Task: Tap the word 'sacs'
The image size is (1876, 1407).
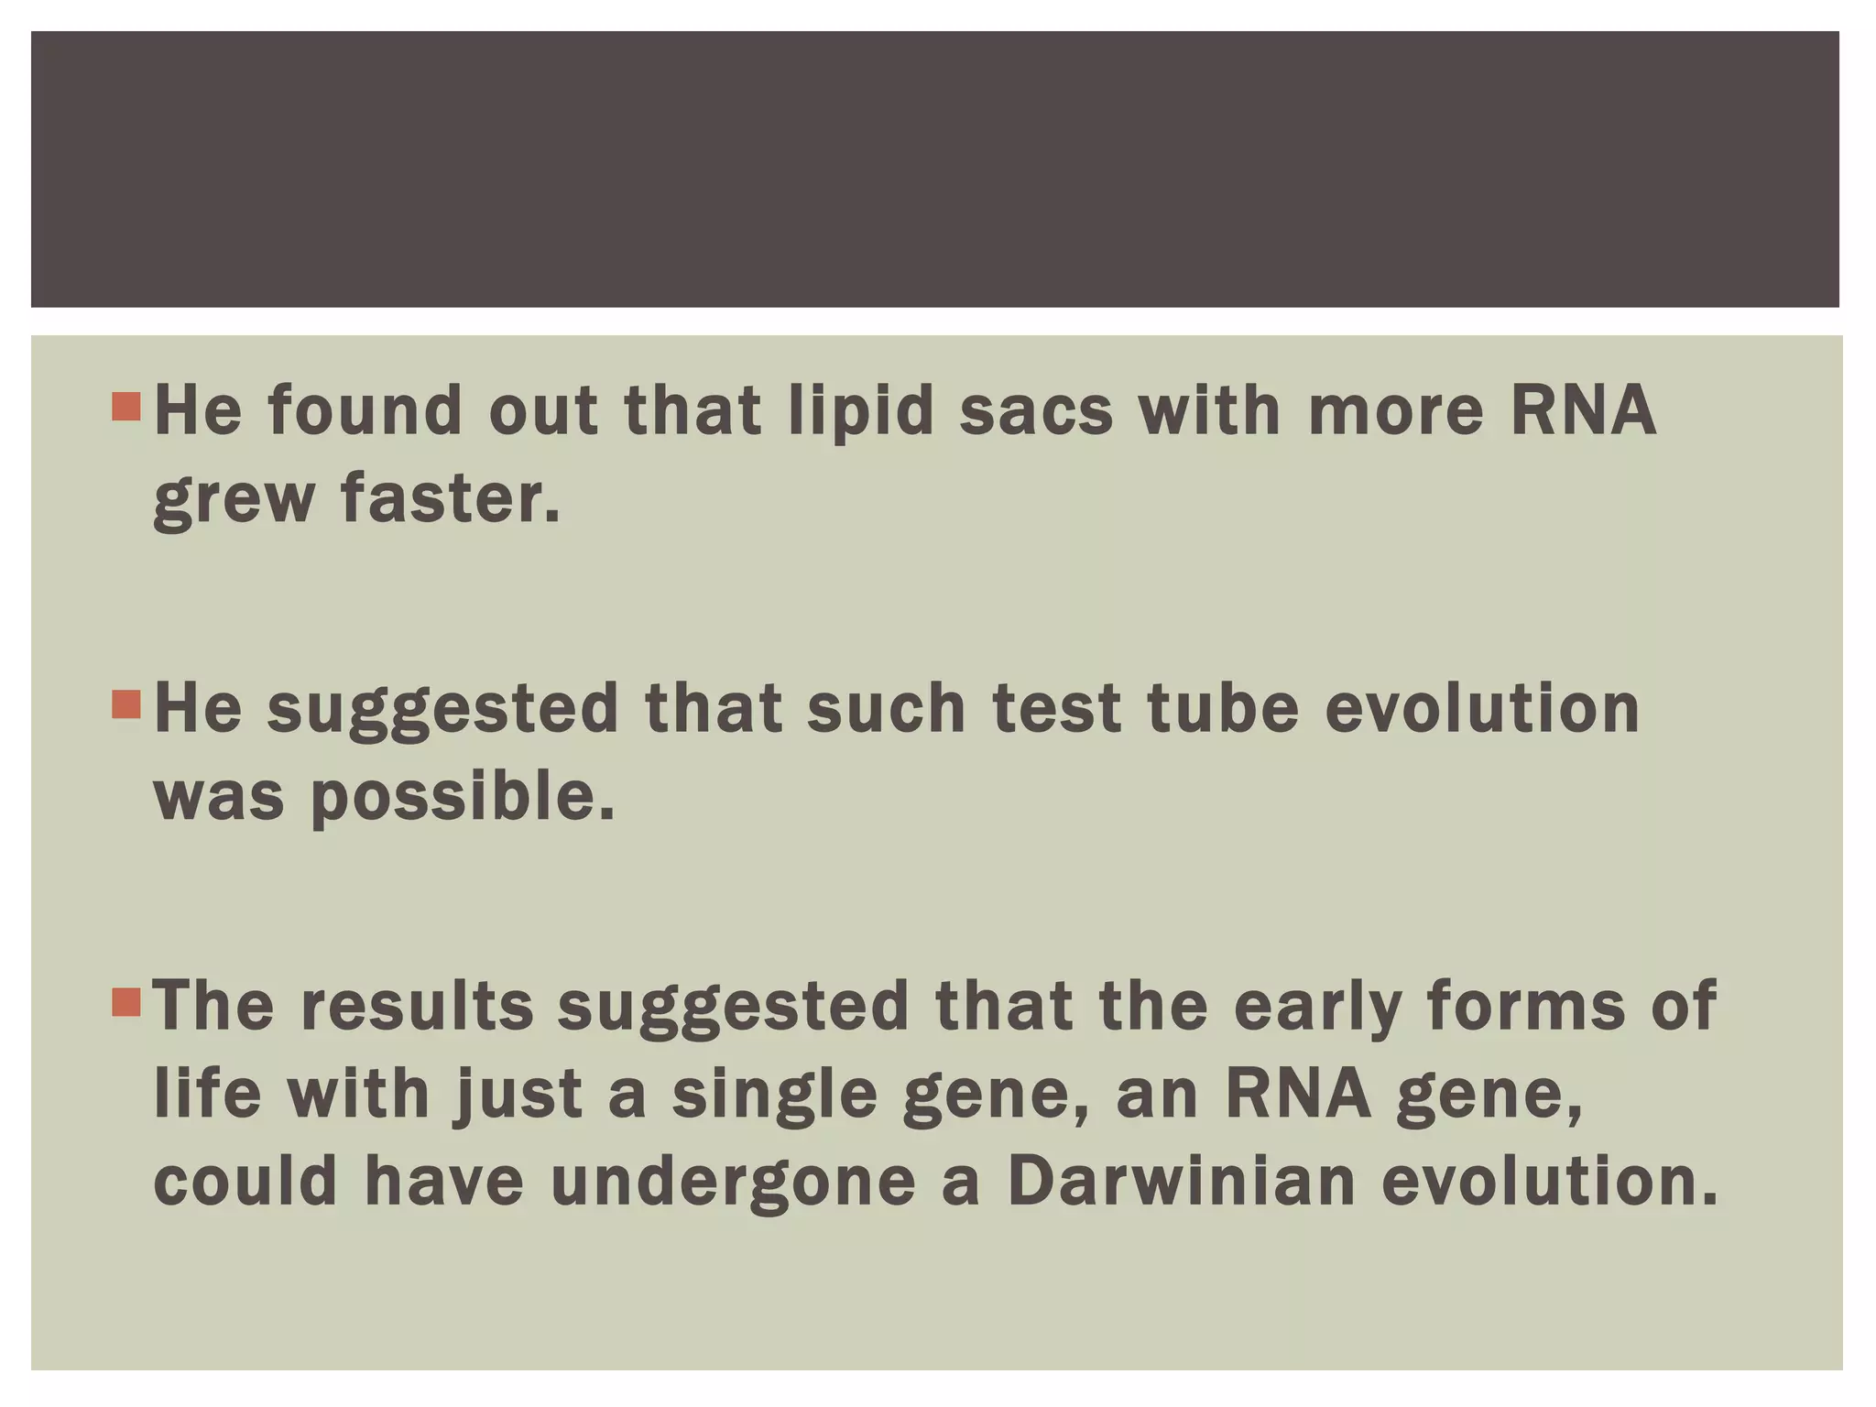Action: click(1036, 411)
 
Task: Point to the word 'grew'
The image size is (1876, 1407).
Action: click(234, 502)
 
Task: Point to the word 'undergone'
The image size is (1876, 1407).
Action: click(733, 1184)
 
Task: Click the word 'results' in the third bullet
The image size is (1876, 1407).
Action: click(417, 1007)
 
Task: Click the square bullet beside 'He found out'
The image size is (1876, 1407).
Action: click(126, 407)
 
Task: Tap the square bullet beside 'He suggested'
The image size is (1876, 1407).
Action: click(126, 704)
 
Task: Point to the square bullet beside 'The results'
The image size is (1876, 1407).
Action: click(126, 1002)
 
